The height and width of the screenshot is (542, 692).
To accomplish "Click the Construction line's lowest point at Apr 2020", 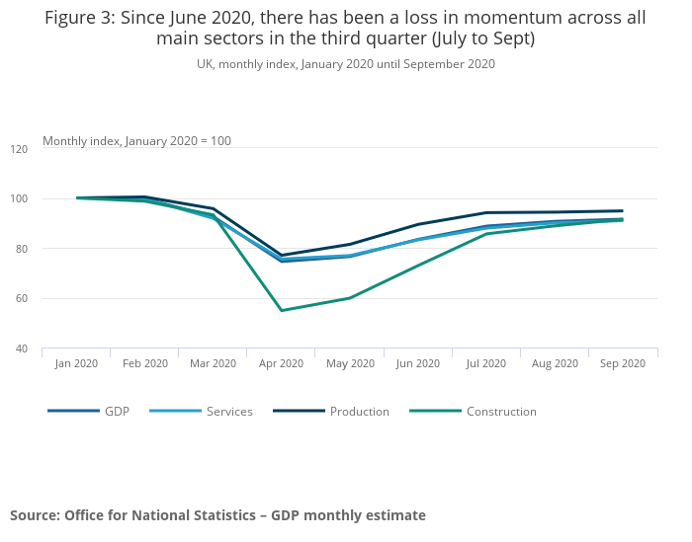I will click(282, 310).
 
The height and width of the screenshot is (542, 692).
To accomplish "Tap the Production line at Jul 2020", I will click(486, 212).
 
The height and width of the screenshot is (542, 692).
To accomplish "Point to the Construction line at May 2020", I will click(350, 297).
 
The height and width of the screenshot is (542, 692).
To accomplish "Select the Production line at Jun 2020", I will click(418, 224).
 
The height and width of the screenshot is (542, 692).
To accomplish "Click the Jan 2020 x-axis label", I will click(76, 363).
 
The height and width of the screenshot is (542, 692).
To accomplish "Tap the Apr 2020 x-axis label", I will click(282, 363).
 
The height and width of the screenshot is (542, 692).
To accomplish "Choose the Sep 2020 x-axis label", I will click(623, 363).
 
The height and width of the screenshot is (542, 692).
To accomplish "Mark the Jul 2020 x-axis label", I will click(486, 363).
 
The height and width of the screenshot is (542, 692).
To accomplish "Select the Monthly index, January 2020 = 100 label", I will click(136, 141).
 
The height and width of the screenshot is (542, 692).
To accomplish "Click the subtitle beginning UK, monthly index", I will click(345, 64).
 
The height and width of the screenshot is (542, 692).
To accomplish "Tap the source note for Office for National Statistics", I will click(217, 515).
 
